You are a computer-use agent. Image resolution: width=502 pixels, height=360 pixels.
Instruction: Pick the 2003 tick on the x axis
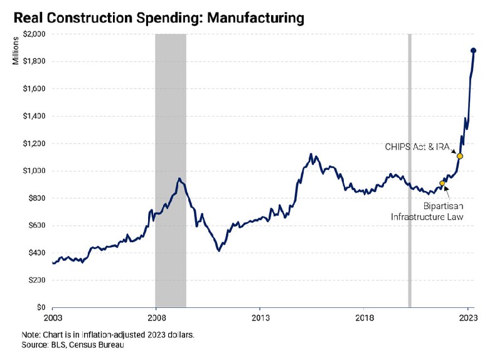tap(53, 318)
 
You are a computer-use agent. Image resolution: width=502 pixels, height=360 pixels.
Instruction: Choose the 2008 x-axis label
tap(156, 318)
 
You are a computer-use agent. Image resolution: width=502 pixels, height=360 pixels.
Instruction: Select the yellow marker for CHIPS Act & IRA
tap(460, 156)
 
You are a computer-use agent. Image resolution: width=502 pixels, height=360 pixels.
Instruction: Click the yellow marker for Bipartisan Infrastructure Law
tap(442, 183)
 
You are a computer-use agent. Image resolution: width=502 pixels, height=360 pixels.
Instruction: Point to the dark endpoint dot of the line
tap(474, 51)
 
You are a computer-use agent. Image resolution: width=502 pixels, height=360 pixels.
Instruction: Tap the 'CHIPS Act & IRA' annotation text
tap(416, 146)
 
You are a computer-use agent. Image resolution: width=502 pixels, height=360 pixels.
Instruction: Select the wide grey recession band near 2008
tap(171, 169)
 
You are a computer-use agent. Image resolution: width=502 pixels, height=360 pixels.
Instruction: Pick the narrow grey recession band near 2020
tap(410, 169)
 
